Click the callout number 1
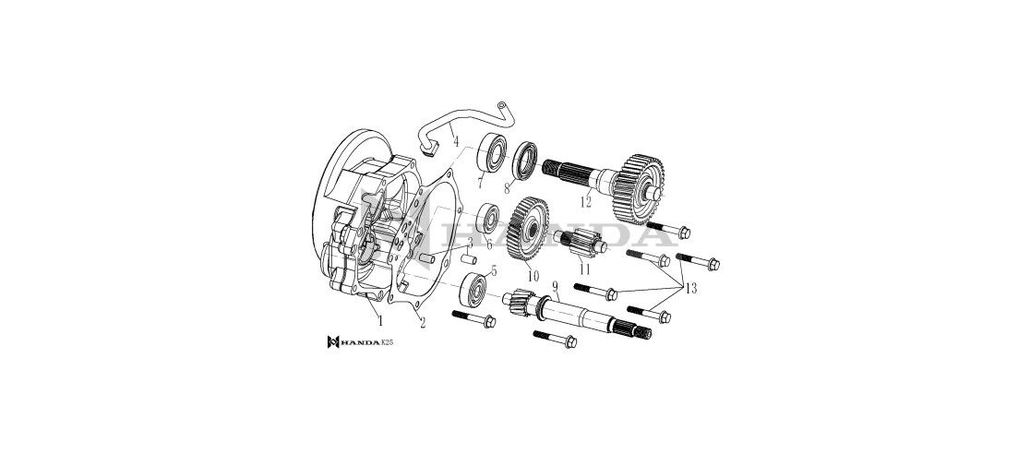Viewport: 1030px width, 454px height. (x=379, y=321)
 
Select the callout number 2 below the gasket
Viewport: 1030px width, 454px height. (x=422, y=322)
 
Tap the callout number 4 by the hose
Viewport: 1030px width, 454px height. (x=455, y=141)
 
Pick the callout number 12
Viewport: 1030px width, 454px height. (x=585, y=202)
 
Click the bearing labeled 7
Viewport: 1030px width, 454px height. (x=491, y=152)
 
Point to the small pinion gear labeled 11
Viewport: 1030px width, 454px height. (x=580, y=246)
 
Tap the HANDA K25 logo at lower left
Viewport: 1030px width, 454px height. (x=360, y=341)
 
